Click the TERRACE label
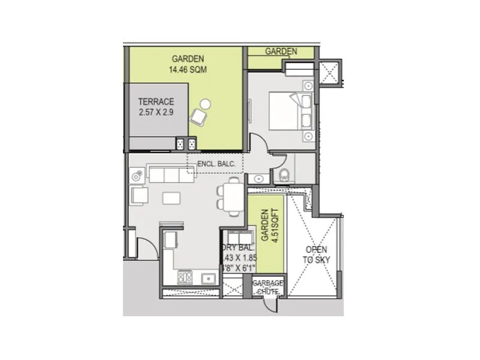[x=155, y=101]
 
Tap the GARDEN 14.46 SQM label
[x=188, y=64]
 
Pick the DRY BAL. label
[x=240, y=247]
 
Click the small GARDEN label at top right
[x=281, y=52]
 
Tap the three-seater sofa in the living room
[x=172, y=175]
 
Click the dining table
[x=232, y=196]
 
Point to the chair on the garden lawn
[x=199, y=113]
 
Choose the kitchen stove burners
[x=184, y=277]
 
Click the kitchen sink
[x=209, y=278]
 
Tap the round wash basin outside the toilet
[x=259, y=178]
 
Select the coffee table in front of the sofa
[x=172, y=197]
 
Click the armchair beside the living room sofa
[x=139, y=196]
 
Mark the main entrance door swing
[x=146, y=247]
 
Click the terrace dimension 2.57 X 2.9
[x=155, y=112]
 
